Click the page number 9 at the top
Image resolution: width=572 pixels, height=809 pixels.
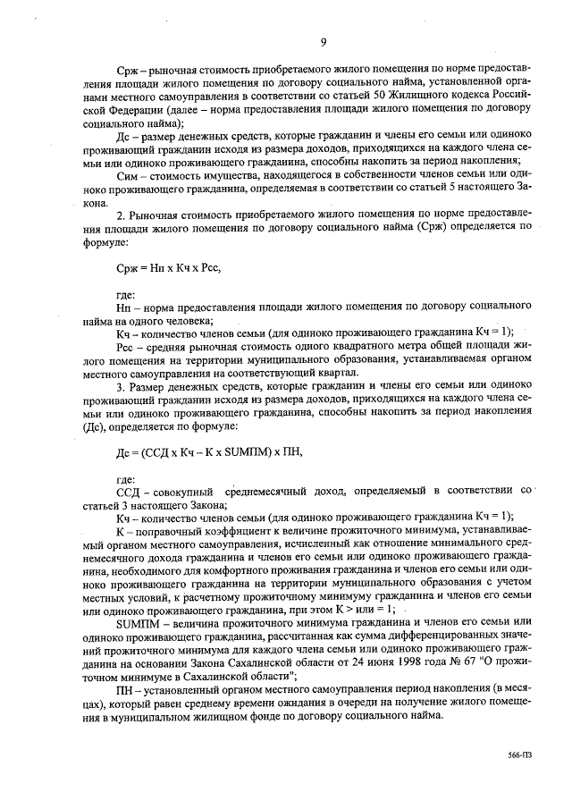[x=323, y=41]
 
